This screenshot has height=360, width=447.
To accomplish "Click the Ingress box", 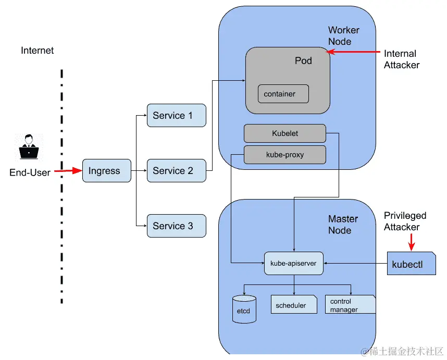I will (106, 171).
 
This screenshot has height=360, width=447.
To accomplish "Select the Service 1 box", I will (176, 116).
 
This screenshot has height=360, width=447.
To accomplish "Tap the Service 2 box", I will (176, 171).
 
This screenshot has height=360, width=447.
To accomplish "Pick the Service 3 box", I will (176, 226).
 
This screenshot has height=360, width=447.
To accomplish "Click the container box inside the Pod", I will (283, 94).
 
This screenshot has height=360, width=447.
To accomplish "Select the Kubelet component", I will (284, 133).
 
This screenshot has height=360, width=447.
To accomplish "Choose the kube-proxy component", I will (284, 155).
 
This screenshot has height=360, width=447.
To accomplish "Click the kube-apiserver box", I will (293, 264).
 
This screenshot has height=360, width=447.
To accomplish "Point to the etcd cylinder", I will (244, 309).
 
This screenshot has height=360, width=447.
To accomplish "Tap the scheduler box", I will (293, 305).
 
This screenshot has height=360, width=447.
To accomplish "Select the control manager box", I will (350, 305).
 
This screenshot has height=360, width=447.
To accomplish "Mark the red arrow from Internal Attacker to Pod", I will (354, 52).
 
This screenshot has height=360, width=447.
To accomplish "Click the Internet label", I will (37, 51).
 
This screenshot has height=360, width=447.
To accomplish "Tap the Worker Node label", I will (343, 36).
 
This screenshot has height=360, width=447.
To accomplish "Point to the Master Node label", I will (343, 225).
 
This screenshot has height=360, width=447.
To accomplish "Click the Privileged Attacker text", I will (405, 221).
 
